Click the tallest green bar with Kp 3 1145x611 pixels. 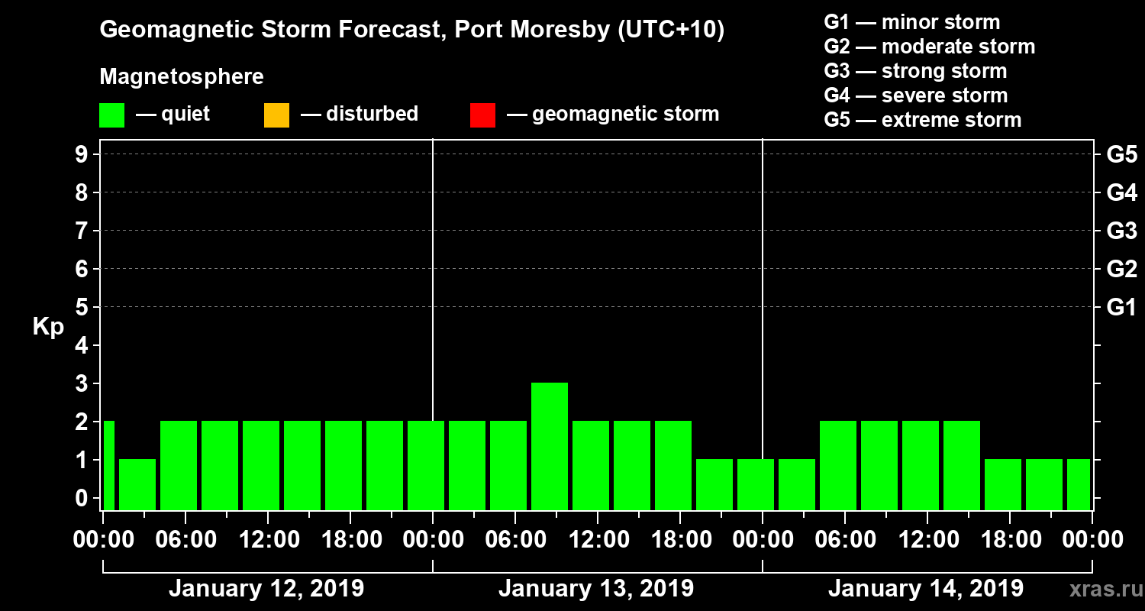click(x=550, y=445)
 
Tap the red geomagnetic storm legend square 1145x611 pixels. click(x=482, y=115)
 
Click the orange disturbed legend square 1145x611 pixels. click(x=276, y=115)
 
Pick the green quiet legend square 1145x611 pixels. click(x=111, y=115)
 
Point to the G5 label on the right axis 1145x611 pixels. click(x=1121, y=155)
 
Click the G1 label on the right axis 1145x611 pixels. click(x=1121, y=308)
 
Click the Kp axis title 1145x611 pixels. click(x=48, y=328)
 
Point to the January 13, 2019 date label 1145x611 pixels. click(x=596, y=589)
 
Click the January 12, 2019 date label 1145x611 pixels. click(x=266, y=589)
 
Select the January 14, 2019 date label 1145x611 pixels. click(x=925, y=589)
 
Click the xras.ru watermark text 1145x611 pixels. click(x=1101, y=590)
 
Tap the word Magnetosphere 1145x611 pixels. click(x=182, y=77)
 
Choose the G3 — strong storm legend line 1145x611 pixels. click(x=915, y=71)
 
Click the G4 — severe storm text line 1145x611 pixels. click(x=915, y=95)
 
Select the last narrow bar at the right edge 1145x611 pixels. click(x=1078, y=484)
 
